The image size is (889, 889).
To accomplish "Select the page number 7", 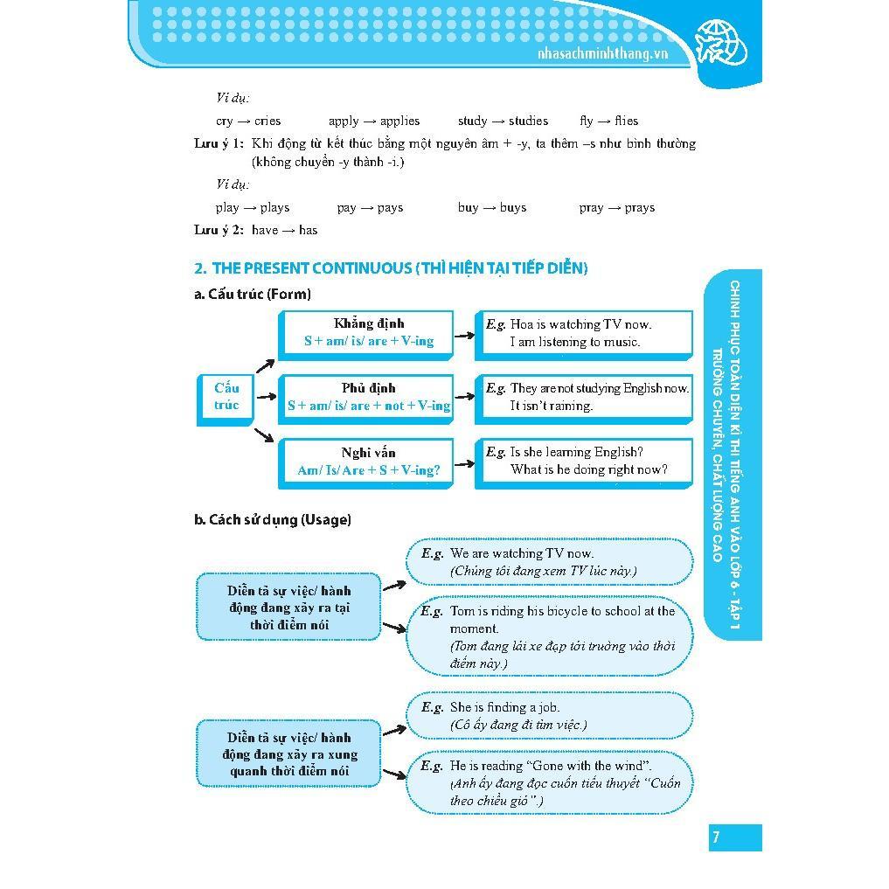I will coord(716,837).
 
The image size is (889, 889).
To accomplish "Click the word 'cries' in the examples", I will coord(267,121).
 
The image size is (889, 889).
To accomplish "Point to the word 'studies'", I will coord(527,121).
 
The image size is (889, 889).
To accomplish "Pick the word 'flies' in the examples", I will coord(626,121).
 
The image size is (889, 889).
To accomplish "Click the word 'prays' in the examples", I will coord(640,207).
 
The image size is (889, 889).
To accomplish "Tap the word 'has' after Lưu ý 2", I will coord(308,230).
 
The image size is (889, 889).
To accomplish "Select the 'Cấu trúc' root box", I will coord(226,397).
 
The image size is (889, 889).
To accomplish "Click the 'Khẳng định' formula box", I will coord(368,333).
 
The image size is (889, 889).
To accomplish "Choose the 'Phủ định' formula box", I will coord(368,397).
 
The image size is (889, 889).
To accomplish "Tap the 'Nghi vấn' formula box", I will coord(368,462).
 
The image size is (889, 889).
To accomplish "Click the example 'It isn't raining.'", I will coord(552,406).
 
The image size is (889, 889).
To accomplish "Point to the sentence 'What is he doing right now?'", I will coord(588,469).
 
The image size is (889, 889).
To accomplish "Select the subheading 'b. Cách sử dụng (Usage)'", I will coord(272,519).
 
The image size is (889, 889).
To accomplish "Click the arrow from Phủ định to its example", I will coord(463,398).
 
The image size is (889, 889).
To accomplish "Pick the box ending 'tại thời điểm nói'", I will coord(288,608).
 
